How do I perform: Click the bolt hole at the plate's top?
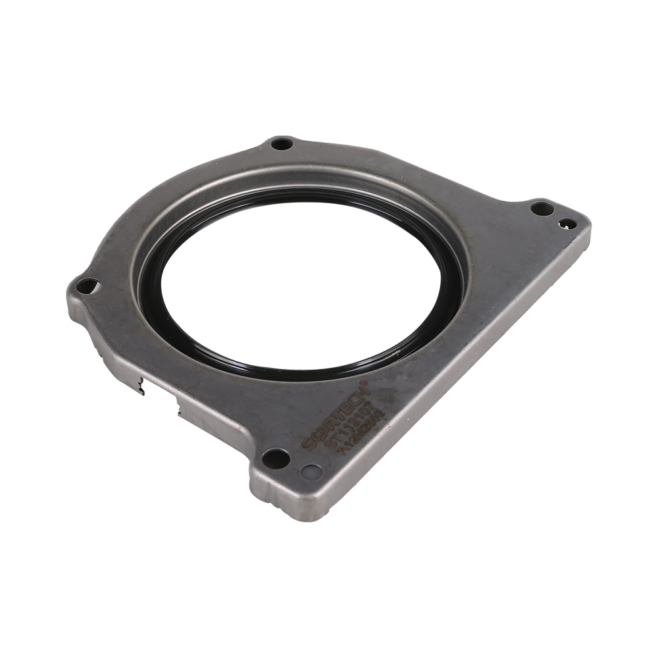[x=282, y=143]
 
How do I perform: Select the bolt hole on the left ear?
[x=88, y=286]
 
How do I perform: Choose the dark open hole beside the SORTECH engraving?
[x=275, y=458]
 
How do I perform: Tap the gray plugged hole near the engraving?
[x=311, y=472]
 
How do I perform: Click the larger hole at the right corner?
[x=542, y=208]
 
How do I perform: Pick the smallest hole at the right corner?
[x=567, y=224]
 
